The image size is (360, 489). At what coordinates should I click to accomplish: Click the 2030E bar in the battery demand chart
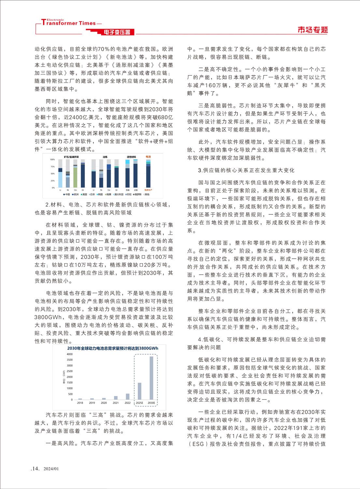[x=151, y=378]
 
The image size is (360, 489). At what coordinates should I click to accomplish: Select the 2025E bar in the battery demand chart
[x=139, y=391]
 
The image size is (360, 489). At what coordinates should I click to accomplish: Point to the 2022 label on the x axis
[x=127, y=403]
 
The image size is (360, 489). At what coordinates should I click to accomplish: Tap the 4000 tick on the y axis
[x=70, y=354]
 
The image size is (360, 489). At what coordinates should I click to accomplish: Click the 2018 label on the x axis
[x=80, y=403]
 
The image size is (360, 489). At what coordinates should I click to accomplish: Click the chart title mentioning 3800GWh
[x=113, y=348]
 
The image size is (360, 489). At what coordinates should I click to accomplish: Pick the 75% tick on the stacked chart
[x=52, y=166]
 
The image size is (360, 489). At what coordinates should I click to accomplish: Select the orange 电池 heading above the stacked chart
[x=148, y=157]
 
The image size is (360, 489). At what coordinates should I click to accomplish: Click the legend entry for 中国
[x=67, y=194]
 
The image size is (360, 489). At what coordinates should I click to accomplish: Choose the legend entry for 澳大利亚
[x=118, y=194]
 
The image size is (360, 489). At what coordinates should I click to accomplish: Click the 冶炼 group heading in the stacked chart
[x=105, y=157]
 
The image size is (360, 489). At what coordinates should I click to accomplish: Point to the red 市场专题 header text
[x=312, y=30]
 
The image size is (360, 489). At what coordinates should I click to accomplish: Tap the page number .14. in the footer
[x=35, y=468]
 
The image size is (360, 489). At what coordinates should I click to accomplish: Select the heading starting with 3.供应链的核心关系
[x=246, y=170]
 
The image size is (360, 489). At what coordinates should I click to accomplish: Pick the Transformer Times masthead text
[x=69, y=23]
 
